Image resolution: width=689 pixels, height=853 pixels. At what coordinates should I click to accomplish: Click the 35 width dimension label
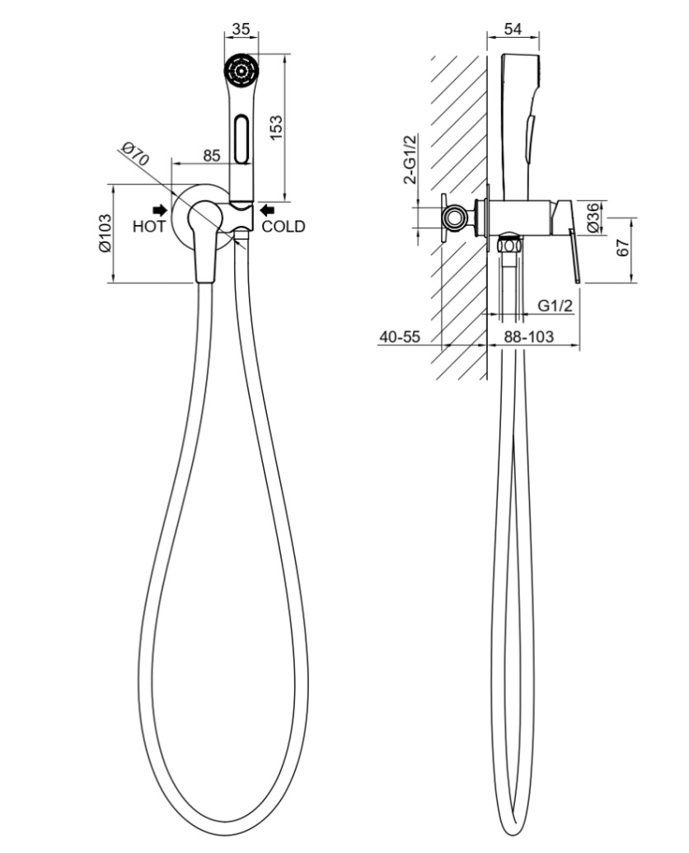click(x=241, y=29)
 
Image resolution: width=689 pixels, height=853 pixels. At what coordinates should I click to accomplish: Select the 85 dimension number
click(x=212, y=154)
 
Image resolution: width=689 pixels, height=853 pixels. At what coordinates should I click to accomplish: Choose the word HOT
click(x=149, y=227)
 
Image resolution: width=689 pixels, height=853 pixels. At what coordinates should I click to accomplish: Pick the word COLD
click(x=283, y=227)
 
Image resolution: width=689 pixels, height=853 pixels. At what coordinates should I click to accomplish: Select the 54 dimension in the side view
click(x=512, y=29)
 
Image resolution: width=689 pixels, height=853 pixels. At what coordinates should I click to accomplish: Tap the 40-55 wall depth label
click(x=400, y=336)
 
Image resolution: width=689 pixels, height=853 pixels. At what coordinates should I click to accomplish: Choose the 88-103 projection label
click(x=528, y=336)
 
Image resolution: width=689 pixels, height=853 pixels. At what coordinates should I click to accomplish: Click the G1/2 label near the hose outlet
click(x=555, y=305)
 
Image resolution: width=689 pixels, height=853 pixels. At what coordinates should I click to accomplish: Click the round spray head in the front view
click(x=242, y=70)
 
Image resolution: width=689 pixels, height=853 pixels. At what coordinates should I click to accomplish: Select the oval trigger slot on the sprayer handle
click(x=241, y=138)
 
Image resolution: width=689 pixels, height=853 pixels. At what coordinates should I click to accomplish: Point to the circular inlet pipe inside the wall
click(x=452, y=218)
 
